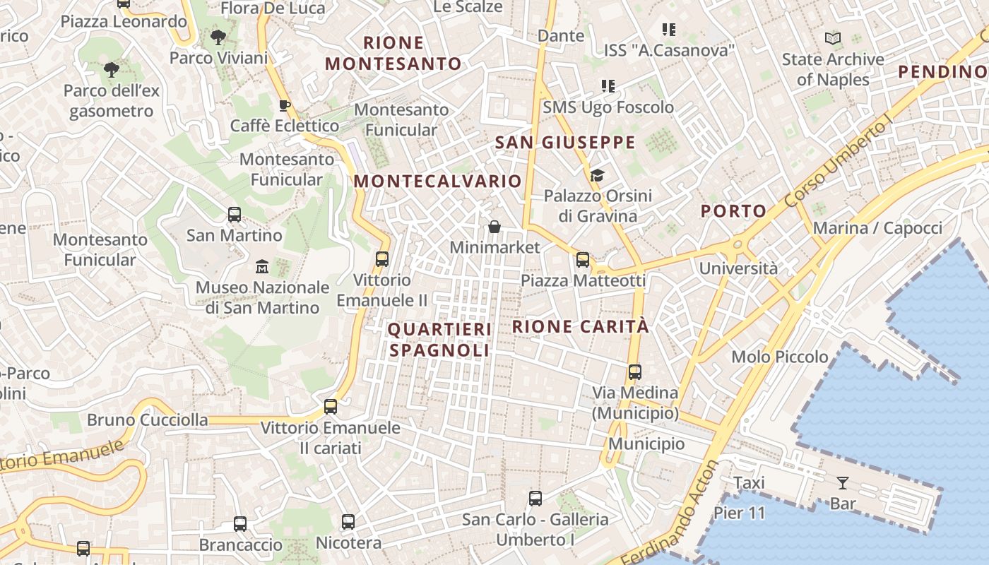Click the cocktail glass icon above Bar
[842, 483]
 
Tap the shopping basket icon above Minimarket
[494, 227]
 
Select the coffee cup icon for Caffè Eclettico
[284, 105]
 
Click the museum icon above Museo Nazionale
[262, 267]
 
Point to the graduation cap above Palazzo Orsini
[597, 175]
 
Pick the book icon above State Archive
[833, 39]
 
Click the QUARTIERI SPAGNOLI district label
[439, 340]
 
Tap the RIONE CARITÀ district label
[580, 326]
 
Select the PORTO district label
[733, 210]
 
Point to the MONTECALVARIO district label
[437, 181]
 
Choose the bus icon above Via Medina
[634, 371]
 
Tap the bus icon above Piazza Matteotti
[583, 259]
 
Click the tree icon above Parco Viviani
[218, 37]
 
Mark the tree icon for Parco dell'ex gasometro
[111, 69]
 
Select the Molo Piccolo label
[780, 357]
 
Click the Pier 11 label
[740, 513]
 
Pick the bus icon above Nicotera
[348, 522]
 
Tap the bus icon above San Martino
[235, 214]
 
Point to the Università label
[738, 268]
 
